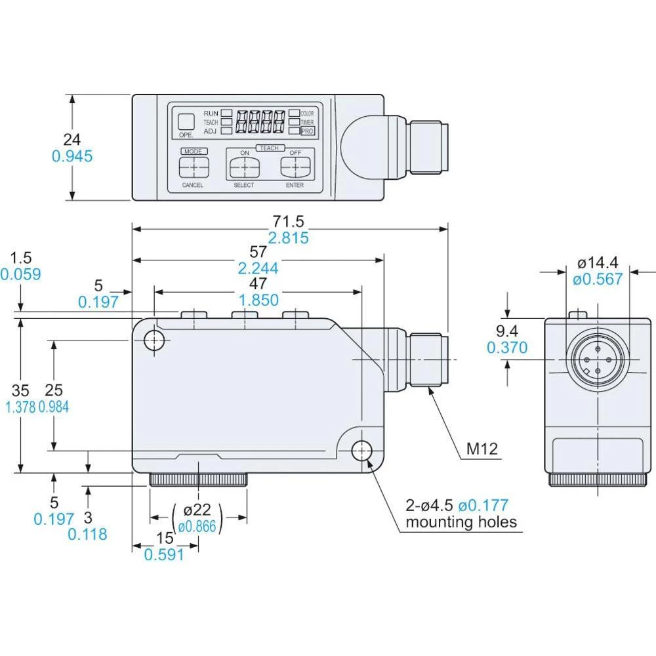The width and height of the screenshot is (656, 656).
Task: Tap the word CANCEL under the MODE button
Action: (x=192, y=185)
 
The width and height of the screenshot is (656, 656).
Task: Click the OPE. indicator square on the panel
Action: (x=186, y=121)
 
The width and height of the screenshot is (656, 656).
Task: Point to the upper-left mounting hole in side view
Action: (x=155, y=340)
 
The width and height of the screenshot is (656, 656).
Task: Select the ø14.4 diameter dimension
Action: (x=597, y=263)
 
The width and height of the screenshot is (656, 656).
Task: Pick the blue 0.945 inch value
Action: (x=72, y=156)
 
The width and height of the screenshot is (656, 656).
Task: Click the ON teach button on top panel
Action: (x=243, y=167)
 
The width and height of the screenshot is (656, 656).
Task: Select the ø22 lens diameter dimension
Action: (x=197, y=510)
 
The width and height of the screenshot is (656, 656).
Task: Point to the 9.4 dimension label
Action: (x=507, y=330)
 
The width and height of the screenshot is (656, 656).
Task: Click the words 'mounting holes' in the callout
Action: (x=461, y=522)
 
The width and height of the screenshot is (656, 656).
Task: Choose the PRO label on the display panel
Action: (x=307, y=131)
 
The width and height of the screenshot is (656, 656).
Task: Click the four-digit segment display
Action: (x=260, y=121)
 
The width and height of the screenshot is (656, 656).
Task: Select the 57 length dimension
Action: (x=258, y=251)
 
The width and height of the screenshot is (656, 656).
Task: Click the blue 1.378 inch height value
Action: (x=20, y=407)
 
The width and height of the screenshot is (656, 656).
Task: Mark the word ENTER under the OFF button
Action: (x=295, y=185)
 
